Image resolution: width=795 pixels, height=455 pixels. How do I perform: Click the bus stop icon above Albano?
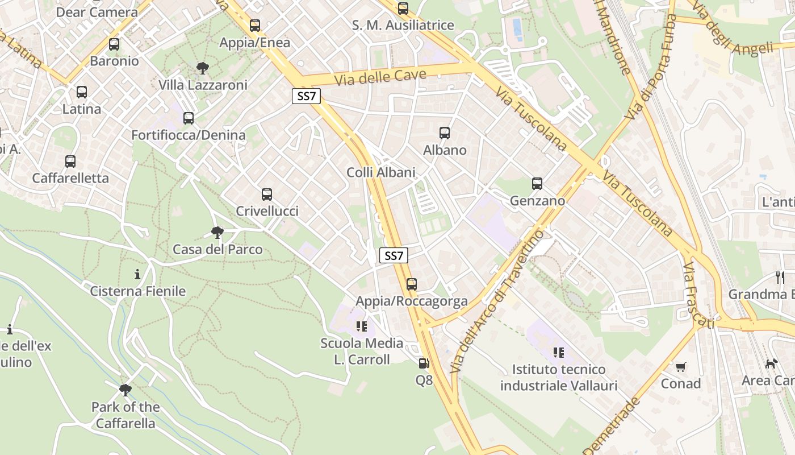tap(445, 133)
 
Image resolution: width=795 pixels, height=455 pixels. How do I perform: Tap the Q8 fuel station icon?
tap(424, 363)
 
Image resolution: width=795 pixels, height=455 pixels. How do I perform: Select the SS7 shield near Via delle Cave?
tap(306, 96)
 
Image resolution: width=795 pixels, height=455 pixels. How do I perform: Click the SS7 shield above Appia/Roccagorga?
tap(393, 255)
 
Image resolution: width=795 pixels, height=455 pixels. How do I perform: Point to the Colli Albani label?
tap(381, 172)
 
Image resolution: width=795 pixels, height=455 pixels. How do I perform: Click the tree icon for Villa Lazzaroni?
tap(203, 69)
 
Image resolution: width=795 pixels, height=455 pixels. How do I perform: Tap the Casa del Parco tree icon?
tap(217, 232)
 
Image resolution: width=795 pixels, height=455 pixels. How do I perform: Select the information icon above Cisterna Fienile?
tap(137, 275)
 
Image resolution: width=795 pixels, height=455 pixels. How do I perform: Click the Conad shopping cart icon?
tap(680, 367)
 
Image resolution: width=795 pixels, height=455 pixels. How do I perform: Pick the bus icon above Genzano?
tap(537, 184)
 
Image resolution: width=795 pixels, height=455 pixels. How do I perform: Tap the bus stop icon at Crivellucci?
tap(267, 195)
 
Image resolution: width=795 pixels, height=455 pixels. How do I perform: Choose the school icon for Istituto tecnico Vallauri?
tap(559, 353)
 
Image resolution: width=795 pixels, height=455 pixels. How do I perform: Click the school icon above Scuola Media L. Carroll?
tap(362, 326)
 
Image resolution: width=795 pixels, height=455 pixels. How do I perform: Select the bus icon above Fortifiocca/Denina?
tap(189, 118)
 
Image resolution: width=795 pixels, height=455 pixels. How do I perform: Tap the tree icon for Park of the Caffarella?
tap(125, 390)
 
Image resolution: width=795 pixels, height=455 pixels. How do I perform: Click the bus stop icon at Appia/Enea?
tap(255, 26)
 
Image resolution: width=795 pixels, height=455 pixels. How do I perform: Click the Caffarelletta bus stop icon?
tap(70, 162)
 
